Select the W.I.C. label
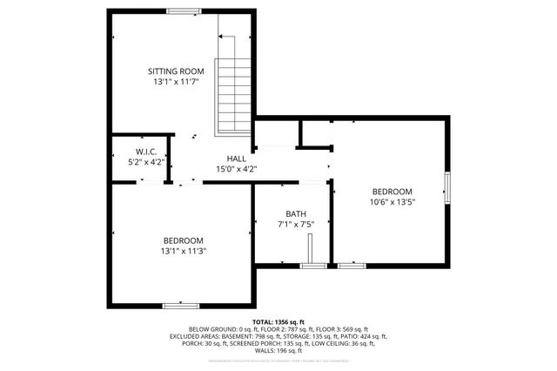pyautogui.click(x=145, y=152)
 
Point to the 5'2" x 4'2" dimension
pyautogui.click(x=145, y=162)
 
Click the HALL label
pyautogui.click(x=236, y=159)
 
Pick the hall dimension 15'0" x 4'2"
pyautogui.click(x=236, y=169)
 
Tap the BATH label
pyautogui.click(x=296, y=214)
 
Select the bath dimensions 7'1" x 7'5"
pyautogui.click(x=296, y=225)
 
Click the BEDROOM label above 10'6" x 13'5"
pyautogui.click(x=393, y=192)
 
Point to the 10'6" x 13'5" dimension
pyautogui.click(x=393, y=202)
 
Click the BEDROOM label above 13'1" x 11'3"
pyautogui.click(x=184, y=240)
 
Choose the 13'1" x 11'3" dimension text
pyautogui.click(x=184, y=251)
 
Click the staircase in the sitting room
pyautogui.click(x=232, y=83)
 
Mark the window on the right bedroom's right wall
pyautogui.click(x=448, y=186)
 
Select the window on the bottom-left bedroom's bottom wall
pyautogui.click(x=184, y=306)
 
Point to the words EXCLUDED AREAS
pyautogui.click(x=198, y=336)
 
